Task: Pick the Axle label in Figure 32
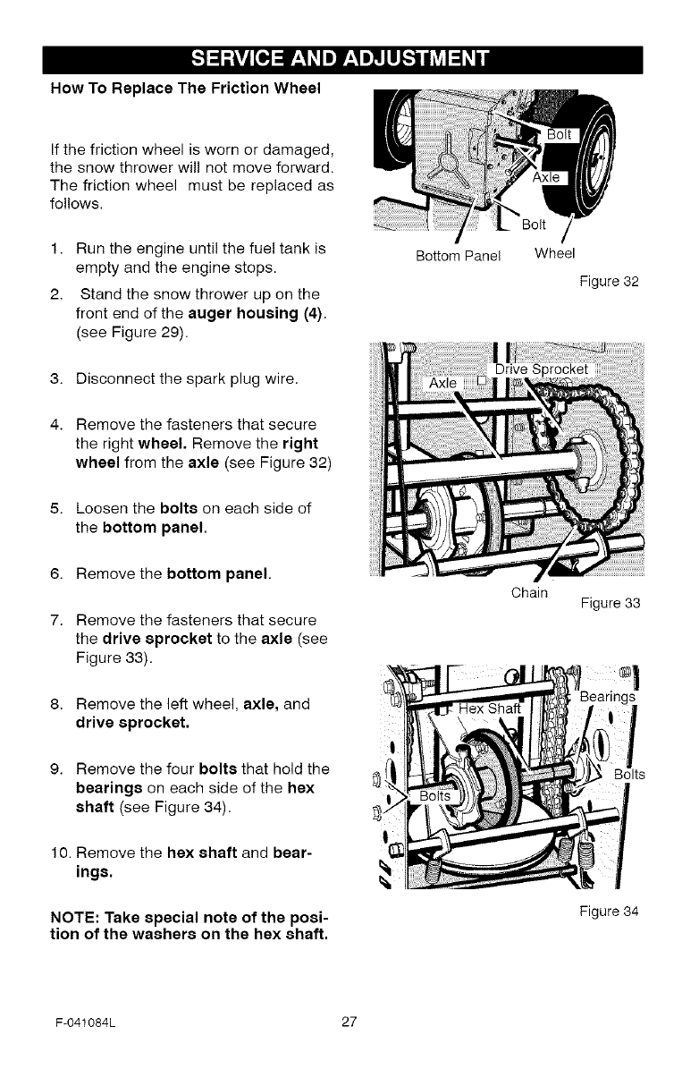[x=546, y=178]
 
